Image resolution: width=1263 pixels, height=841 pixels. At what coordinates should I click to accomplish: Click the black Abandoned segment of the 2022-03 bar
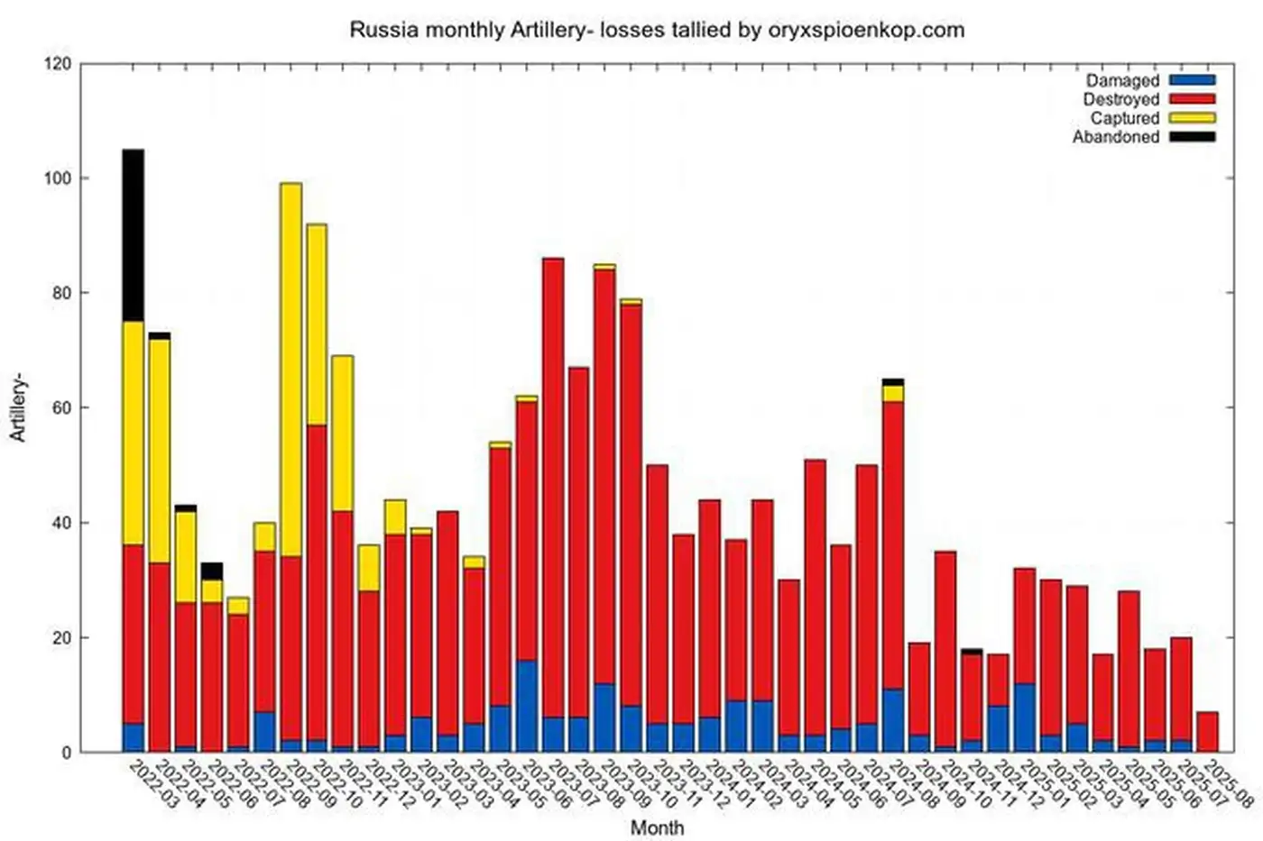(133, 235)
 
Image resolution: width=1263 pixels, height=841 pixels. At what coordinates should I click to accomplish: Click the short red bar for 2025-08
(1207, 732)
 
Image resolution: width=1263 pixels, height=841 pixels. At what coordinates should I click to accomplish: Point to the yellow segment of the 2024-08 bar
(893, 394)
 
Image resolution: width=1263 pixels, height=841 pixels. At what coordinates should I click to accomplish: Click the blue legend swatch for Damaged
(1192, 80)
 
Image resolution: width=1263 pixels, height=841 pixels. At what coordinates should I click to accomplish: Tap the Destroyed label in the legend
(1120, 99)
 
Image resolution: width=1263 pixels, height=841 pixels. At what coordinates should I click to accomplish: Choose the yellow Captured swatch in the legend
(1192, 118)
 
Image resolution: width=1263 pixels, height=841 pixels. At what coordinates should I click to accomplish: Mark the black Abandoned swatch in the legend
(1192, 137)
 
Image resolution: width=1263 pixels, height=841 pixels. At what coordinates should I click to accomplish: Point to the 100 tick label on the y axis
(57, 178)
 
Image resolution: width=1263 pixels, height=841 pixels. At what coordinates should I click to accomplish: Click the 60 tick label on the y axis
(60, 407)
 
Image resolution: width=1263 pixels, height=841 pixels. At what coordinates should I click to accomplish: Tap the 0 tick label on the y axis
(67, 753)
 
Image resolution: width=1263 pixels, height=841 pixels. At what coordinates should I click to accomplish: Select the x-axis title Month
(657, 827)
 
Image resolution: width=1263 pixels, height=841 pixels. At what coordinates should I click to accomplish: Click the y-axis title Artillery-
(18, 409)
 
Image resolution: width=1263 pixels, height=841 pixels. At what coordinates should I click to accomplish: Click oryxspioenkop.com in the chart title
(865, 30)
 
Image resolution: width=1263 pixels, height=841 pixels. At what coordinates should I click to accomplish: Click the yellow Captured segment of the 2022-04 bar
(159, 451)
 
